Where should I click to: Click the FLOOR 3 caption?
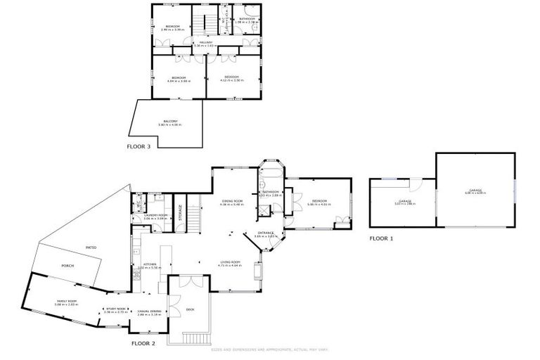138,147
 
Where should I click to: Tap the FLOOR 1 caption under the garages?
382,238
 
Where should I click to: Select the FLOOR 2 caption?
143,344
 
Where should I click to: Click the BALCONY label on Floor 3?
170,122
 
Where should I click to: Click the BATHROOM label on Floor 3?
247,19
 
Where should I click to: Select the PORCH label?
68,266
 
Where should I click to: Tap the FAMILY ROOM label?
67,301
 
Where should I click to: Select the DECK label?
190,309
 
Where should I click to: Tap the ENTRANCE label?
266,233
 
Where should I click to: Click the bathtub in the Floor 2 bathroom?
271,173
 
